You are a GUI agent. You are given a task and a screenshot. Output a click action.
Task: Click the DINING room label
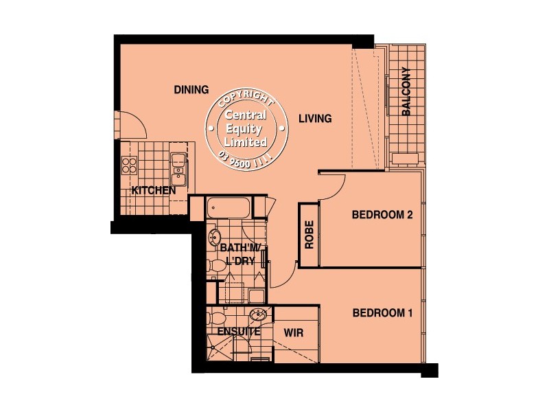point(191,89)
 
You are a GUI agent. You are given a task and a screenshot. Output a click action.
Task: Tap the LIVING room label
point(315,119)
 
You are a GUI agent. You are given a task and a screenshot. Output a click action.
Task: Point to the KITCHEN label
point(154,190)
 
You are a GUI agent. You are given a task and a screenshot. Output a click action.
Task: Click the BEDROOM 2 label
point(382,215)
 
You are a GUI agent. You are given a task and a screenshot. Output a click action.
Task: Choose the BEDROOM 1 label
point(382,313)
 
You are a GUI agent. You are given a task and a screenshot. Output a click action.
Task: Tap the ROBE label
point(309,235)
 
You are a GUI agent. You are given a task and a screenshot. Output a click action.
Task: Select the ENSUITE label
point(238,332)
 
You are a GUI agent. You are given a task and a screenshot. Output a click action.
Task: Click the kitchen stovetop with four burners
point(130,164)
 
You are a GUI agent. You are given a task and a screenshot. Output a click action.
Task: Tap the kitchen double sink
point(178,165)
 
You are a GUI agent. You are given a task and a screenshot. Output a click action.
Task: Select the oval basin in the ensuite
point(258,316)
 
